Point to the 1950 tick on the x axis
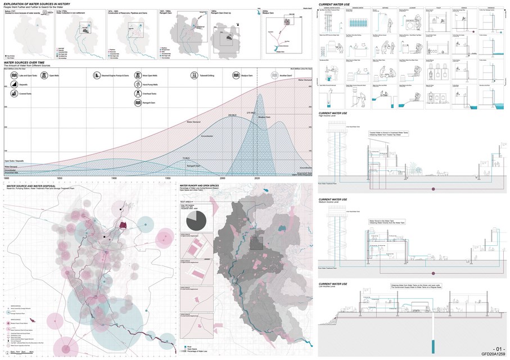click(167, 178)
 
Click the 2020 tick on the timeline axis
click(257, 178)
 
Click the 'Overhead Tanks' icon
click(138, 95)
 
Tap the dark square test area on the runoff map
click(256, 243)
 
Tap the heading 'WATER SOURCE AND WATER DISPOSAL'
click(34, 184)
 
